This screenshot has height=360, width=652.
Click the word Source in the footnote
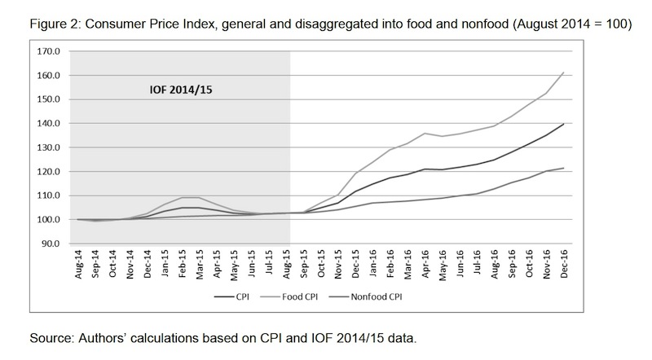(x=50, y=336)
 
